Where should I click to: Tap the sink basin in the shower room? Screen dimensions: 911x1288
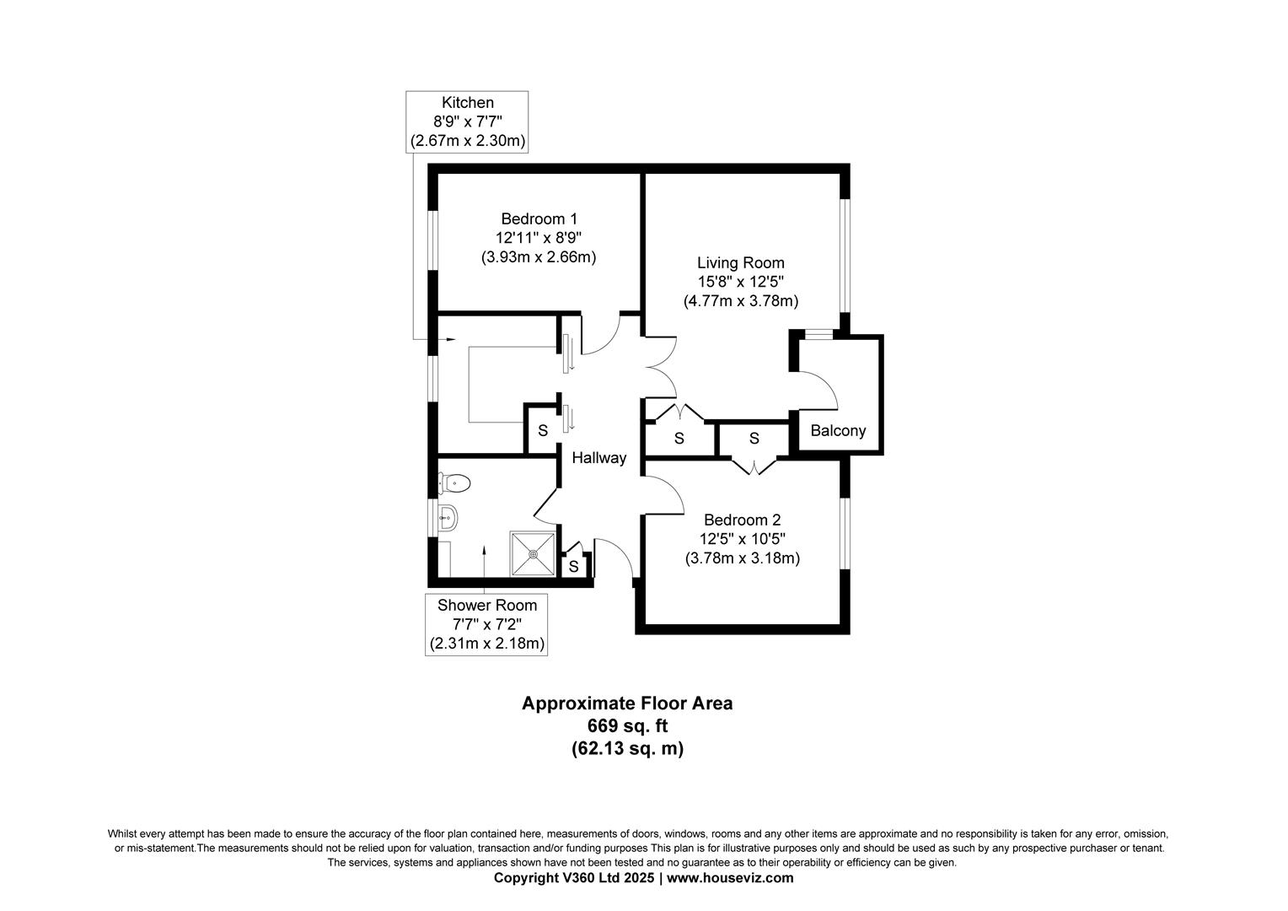pos(448,516)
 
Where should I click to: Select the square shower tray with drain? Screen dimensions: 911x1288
pos(533,553)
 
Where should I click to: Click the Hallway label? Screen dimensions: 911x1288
pos(599,458)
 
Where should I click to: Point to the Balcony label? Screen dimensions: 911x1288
pos(838,431)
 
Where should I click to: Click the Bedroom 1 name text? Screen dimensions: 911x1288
pos(539,219)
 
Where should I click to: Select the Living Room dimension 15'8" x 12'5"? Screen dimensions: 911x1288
pos(740,282)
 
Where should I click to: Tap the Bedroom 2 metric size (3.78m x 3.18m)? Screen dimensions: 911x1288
pos(742,558)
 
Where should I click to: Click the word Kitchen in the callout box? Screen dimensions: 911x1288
pos(468,103)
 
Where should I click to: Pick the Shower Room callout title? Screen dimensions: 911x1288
pos(486,605)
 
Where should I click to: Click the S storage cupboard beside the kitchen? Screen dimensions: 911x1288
pos(543,431)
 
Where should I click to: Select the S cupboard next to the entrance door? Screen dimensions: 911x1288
pos(573,567)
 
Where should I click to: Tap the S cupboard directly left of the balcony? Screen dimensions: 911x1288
pos(754,439)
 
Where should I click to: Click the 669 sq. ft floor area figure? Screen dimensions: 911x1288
pos(627,725)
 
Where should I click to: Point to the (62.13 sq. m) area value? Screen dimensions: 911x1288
pos(627,748)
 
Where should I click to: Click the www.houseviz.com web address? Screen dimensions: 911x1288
pos(731,878)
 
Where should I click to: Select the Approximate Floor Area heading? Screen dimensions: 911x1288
pos(627,703)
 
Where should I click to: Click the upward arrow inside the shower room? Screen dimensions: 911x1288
pos(485,550)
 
